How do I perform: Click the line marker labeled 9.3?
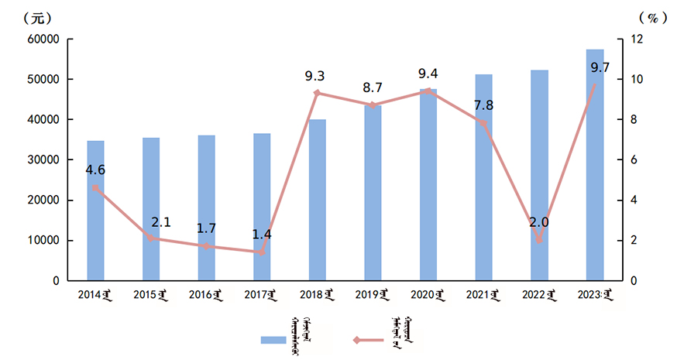(317, 93)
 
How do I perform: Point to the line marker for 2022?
(539, 240)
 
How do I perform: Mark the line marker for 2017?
(262, 252)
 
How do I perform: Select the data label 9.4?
(428, 74)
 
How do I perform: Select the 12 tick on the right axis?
(634, 39)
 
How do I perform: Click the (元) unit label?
(38, 17)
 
